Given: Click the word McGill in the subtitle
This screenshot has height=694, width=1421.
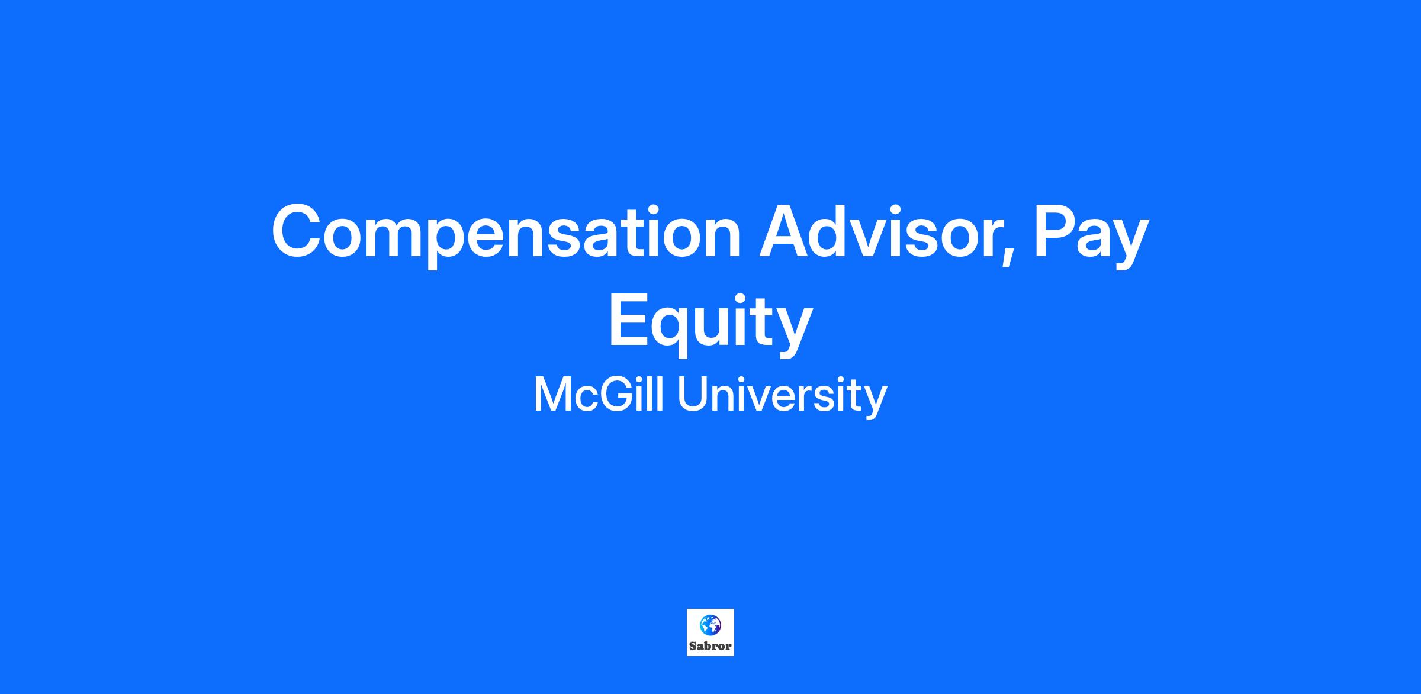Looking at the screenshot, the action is pos(599,395).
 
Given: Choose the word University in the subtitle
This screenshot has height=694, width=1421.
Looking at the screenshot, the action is pos(782,397).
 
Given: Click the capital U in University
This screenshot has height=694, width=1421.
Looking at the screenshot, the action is pos(693,395).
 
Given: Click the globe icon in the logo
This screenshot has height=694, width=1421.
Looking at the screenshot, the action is pos(710,624).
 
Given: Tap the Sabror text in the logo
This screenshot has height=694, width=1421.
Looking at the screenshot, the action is pos(710,646).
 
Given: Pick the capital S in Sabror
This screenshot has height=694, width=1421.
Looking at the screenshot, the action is pos(693,646).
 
